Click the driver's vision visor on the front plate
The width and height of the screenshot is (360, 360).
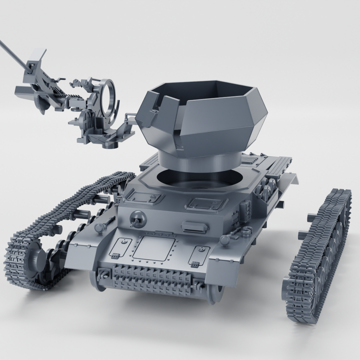pos(192,225)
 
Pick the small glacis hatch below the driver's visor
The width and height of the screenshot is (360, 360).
pos(198,255)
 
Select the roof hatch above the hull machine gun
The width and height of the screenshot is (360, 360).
pos(148,197)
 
